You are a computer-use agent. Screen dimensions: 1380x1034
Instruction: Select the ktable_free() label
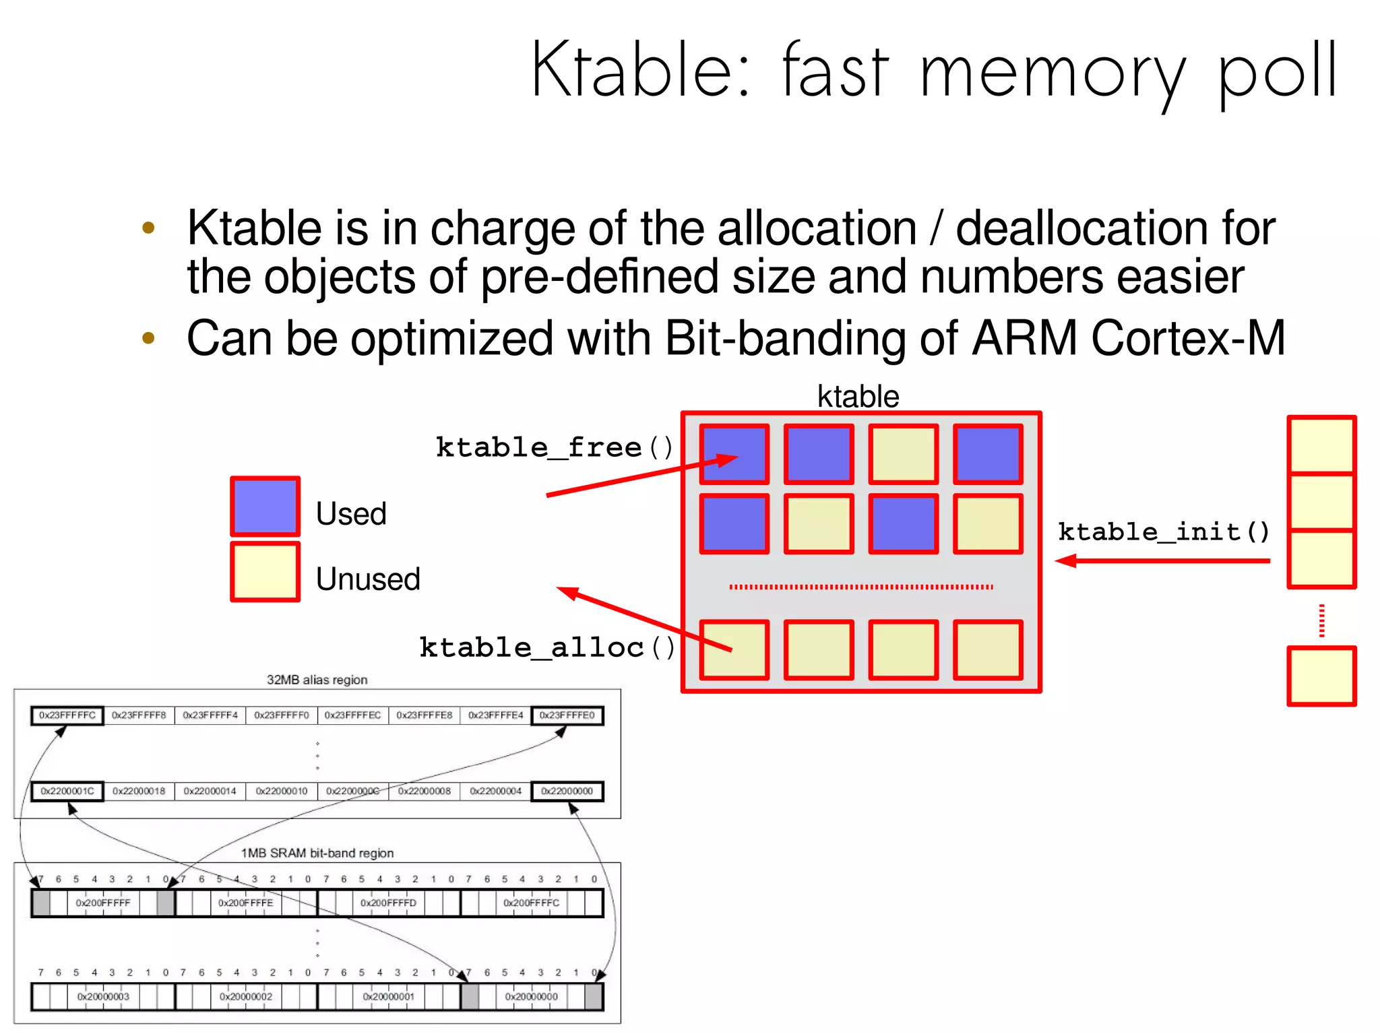pyautogui.click(x=554, y=448)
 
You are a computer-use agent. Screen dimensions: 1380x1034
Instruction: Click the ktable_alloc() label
pyautogui.click(x=546, y=648)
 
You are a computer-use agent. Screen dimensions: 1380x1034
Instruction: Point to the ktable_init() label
pyautogui.click(x=1164, y=532)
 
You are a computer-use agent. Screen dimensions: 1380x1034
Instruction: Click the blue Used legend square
pyautogui.click(x=265, y=507)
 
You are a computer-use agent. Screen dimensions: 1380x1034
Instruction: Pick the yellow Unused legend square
pyautogui.click(x=265, y=572)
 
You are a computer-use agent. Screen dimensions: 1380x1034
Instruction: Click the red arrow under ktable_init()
pyautogui.click(x=1162, y=560)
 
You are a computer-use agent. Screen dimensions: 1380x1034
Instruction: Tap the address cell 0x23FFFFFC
pyautogui.click(x=67, y=715)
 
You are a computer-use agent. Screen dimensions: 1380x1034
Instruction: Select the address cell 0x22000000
pyautogui.click(x=567, y=791)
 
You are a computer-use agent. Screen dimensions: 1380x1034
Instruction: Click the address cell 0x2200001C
pyautogui.click(x=67, y=791)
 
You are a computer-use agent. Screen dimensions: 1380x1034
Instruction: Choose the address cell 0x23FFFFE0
pyautogui.click(x=567, y=715)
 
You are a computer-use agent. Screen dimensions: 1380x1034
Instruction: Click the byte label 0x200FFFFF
pyautogui.click(x=103, y=903)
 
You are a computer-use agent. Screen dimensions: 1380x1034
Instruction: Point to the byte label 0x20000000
pyautogui.click(x=531, y=996)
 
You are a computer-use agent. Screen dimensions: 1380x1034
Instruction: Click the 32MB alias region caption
pyautogui.click(x=317, y=680)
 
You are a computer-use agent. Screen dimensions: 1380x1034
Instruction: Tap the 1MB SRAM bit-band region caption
pyautogui.click(x=317, y=853)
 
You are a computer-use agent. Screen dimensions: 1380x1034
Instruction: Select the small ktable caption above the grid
pyautogui.click(x=858, y=396)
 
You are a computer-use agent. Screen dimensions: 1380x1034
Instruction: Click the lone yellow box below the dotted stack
pyautogui.click(x=1321, y=676)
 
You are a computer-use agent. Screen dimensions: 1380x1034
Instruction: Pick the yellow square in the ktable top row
pyautogui.click(x=903, y=454)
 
